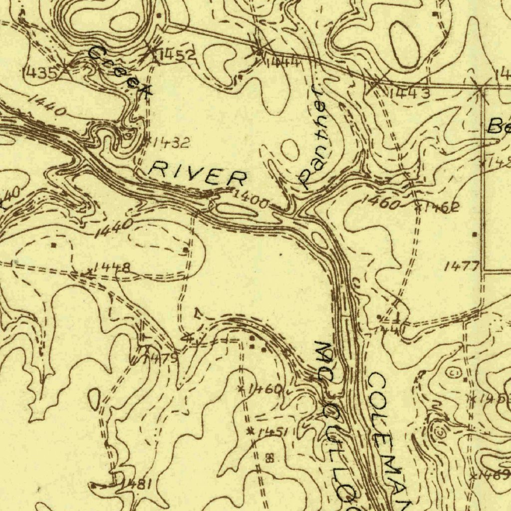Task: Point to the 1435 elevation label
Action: (40, 73)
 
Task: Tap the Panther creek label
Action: (312, 137)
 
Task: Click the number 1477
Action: (462, 266)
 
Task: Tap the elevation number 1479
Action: (161, 359)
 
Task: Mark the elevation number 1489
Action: (494, 475)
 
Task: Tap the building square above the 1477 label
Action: (474, 234)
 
